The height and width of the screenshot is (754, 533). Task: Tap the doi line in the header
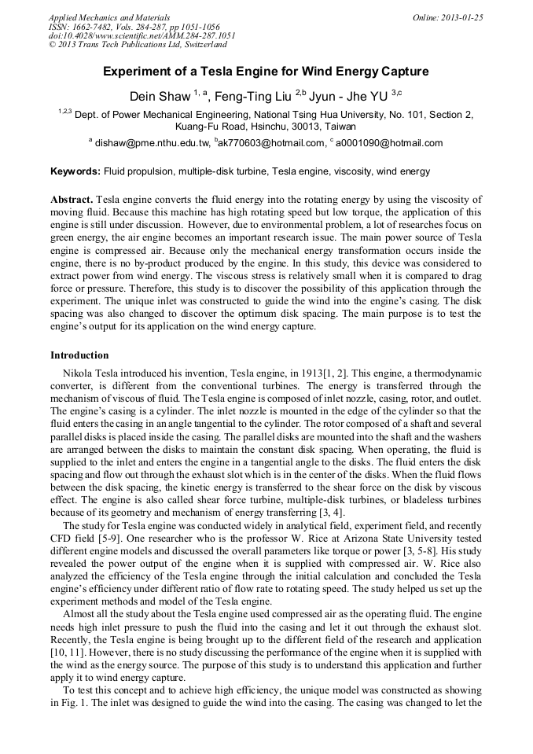click(142, 36)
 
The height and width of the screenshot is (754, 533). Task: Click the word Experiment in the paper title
click(141, 72)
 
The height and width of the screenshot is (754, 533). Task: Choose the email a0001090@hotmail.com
click(388, 143)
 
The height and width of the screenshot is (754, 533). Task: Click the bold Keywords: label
click(75, 171)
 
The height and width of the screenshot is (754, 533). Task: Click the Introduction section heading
click(79, 355)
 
